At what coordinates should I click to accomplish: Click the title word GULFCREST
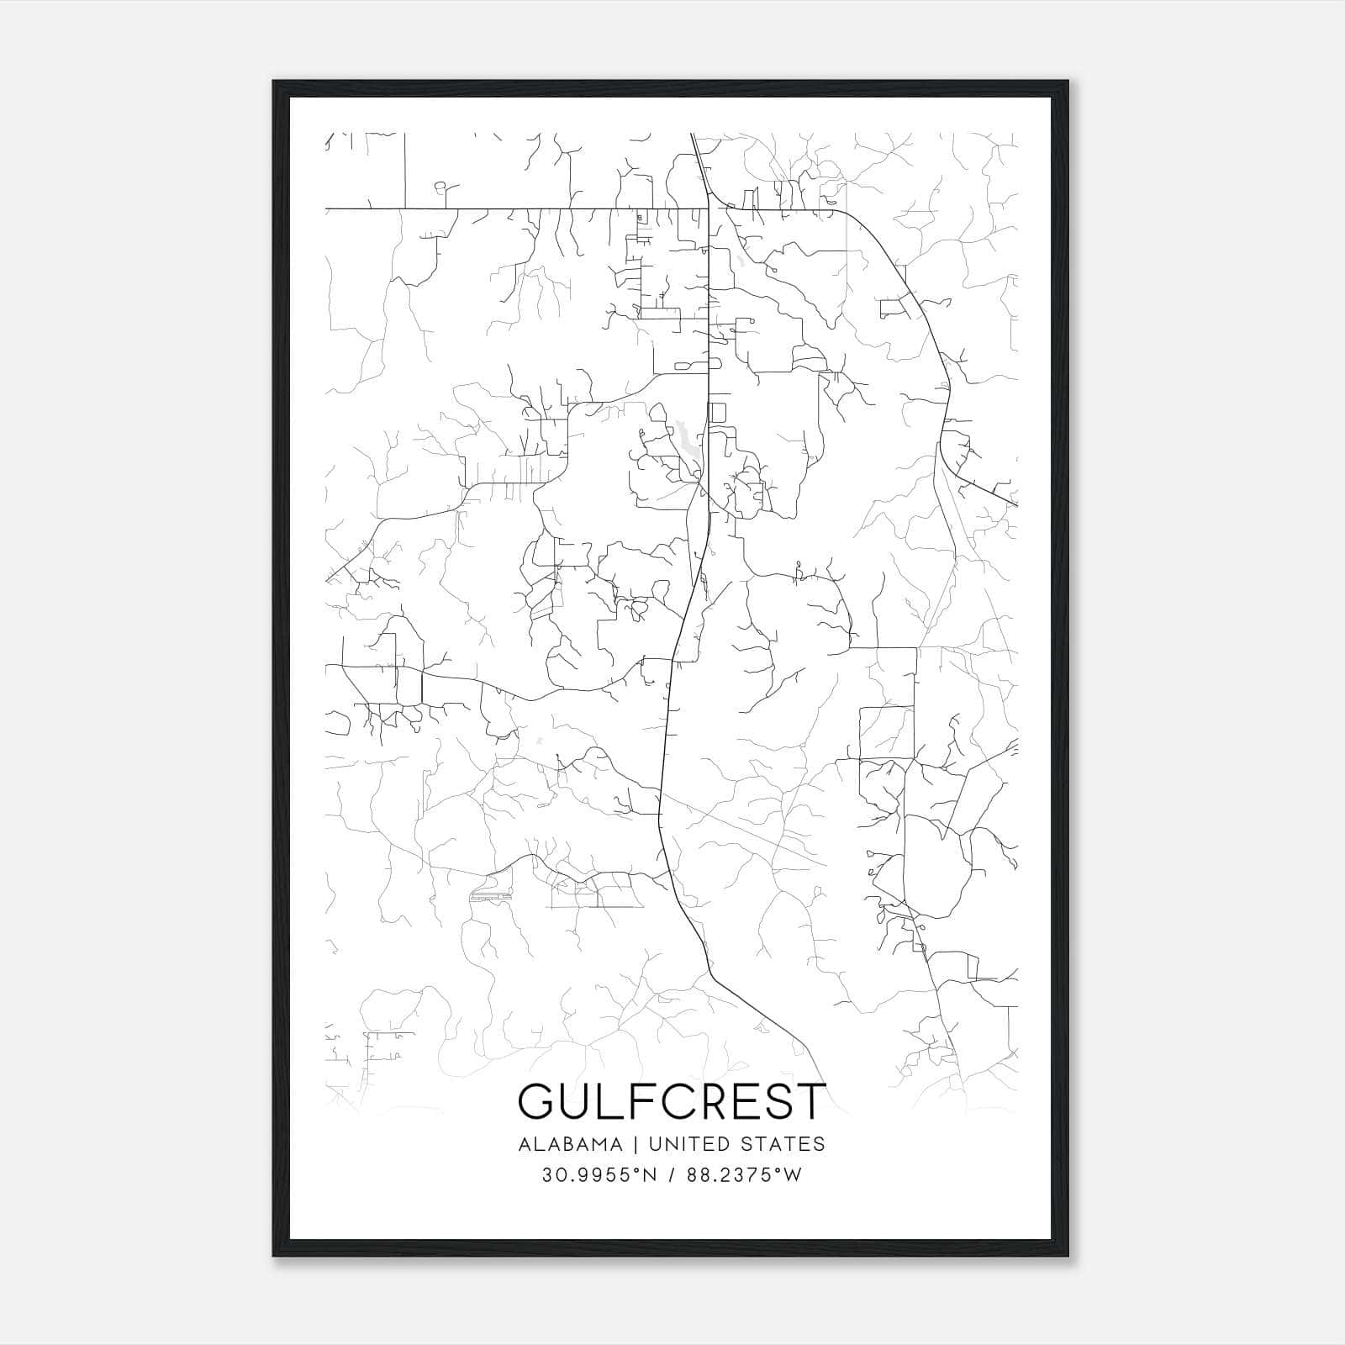pyautogui.click(x=672, y=1101)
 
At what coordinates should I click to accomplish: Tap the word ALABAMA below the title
pyautogui.click(x=570, y=1144)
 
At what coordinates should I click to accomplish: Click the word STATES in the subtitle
pyautogui.click(x=784, y=1144)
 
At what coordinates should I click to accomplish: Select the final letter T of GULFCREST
pyautogui.click(x=811, y=1101)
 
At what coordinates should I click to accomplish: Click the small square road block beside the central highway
pyautogui.click(x=717, y=413)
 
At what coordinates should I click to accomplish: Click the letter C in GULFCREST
pyautogui.click(x=672, y=1101)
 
